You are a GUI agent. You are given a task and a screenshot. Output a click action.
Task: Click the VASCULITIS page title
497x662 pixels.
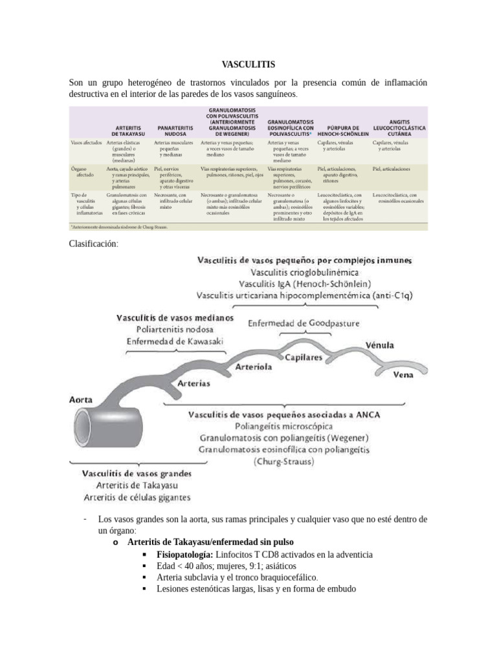click(248, 65)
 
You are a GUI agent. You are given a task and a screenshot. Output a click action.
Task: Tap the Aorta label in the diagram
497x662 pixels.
click(80, 400)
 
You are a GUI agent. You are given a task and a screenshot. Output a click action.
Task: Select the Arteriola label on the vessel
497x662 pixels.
click(254, 366)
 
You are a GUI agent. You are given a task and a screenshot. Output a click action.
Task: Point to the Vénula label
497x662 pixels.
click(380, 345)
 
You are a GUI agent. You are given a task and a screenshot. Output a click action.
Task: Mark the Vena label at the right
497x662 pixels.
click(404, 374)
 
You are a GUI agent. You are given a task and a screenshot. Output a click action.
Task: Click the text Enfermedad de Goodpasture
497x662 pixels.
click(304, 323)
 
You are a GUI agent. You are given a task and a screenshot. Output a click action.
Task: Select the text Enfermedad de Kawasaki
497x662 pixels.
click(175, 341)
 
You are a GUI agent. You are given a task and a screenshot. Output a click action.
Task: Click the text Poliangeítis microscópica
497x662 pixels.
click(293, 426)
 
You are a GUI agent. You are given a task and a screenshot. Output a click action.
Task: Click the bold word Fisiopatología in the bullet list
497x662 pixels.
click(184, 555)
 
